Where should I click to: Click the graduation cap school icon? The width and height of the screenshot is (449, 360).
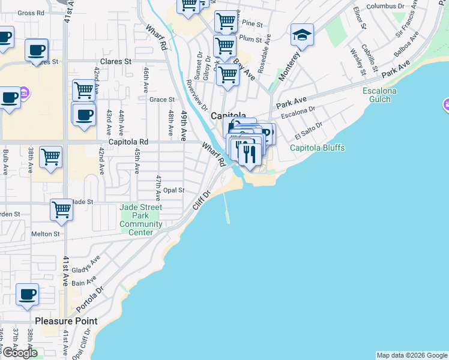302,35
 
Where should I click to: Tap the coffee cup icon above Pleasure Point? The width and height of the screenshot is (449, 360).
27,295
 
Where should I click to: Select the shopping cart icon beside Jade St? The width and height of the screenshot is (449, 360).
62,209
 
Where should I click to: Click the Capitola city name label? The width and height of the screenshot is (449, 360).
228,116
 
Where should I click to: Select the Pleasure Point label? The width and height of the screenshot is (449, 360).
66,321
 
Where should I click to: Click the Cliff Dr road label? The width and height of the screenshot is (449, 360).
202,200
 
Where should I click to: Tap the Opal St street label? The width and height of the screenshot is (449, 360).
173,190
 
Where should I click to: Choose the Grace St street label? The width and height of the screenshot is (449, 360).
161,100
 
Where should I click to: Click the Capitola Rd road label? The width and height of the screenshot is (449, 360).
133,142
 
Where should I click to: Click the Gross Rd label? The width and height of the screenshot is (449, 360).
31,13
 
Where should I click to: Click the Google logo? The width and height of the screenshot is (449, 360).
19,353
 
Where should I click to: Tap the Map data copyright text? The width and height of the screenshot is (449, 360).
412,355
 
